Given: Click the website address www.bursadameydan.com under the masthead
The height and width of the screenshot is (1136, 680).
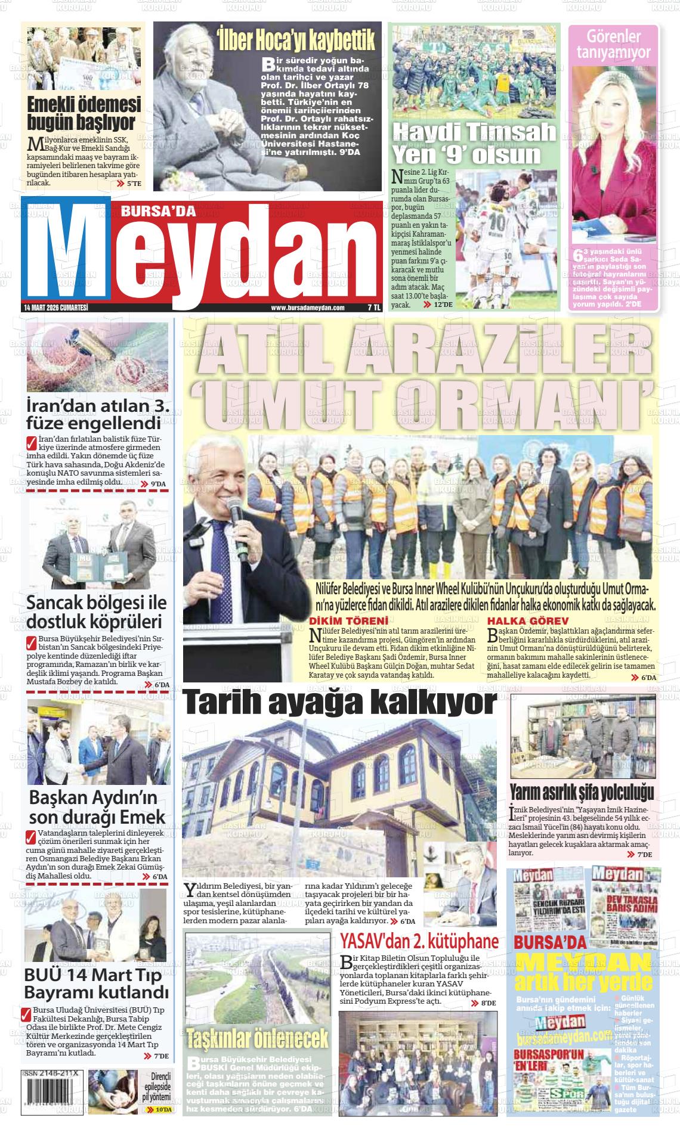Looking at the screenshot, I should pyautogui.click(x=308, y=308).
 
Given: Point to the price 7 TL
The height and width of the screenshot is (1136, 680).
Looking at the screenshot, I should pyautogui.click(x=373, y=308).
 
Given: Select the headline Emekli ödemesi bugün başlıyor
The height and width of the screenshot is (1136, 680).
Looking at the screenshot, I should pyautogui.click(x=84, y=114).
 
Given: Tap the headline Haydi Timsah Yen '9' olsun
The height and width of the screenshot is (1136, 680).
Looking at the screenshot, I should pyautogui.click(x=474, y=143).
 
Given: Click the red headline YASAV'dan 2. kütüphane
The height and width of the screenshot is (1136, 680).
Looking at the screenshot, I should pyautogui.click(x=419, y=941).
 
